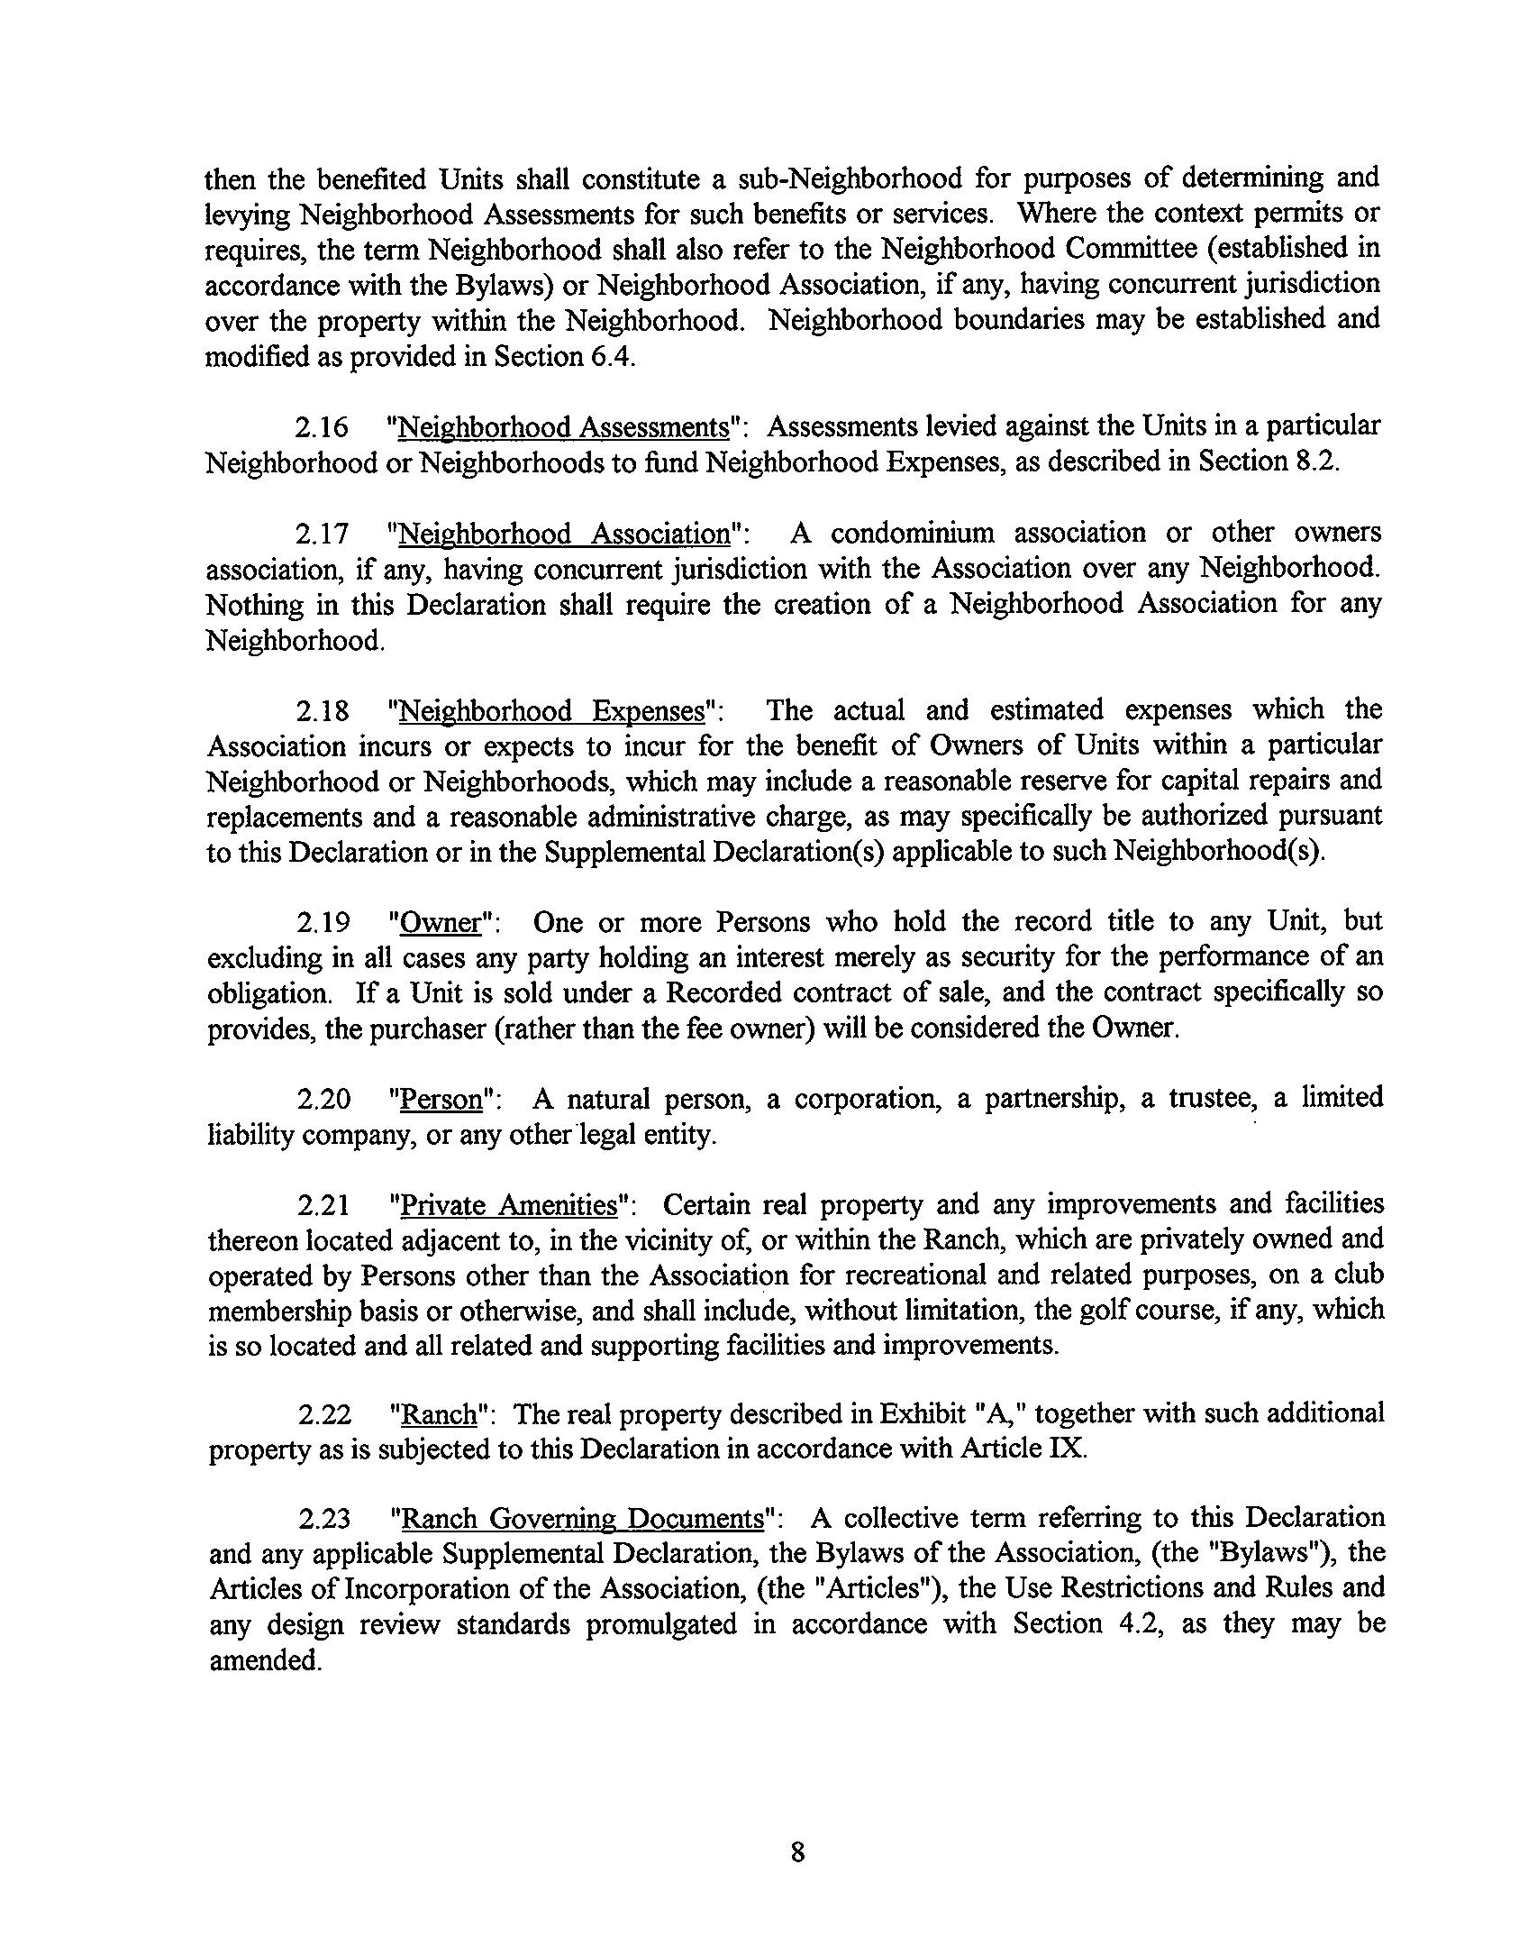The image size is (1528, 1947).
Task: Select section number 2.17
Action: tap(322, 534)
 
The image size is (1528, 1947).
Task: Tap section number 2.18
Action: tap(322, 711)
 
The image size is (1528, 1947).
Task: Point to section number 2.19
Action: tap(322, 923)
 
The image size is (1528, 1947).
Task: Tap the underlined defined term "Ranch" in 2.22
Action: tap(439, 1416)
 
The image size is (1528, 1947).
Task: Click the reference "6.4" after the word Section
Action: tap(613, 357)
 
